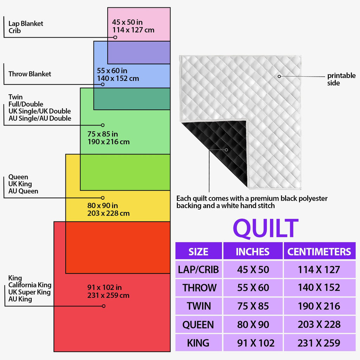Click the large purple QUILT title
(266, 228)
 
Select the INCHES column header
(252, 252)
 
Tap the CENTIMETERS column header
(319, 252)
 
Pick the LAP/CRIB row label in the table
(198, 270)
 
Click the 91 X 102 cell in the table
(256, 343)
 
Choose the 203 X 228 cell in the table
(319, 324)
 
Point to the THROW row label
(200, 288)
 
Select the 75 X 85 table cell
(253, 306)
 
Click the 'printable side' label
(341, 79)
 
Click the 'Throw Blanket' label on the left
(30, 74)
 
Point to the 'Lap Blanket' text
(26, 24)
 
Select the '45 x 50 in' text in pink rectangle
(127, 22)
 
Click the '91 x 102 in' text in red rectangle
(104, 287)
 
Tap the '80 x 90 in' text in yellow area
(102, 205)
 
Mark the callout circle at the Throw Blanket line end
(103, 84)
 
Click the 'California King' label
(30, 285)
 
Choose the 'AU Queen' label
(23, 191)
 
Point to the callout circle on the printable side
(279, 76)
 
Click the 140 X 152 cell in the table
(319, 288)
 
